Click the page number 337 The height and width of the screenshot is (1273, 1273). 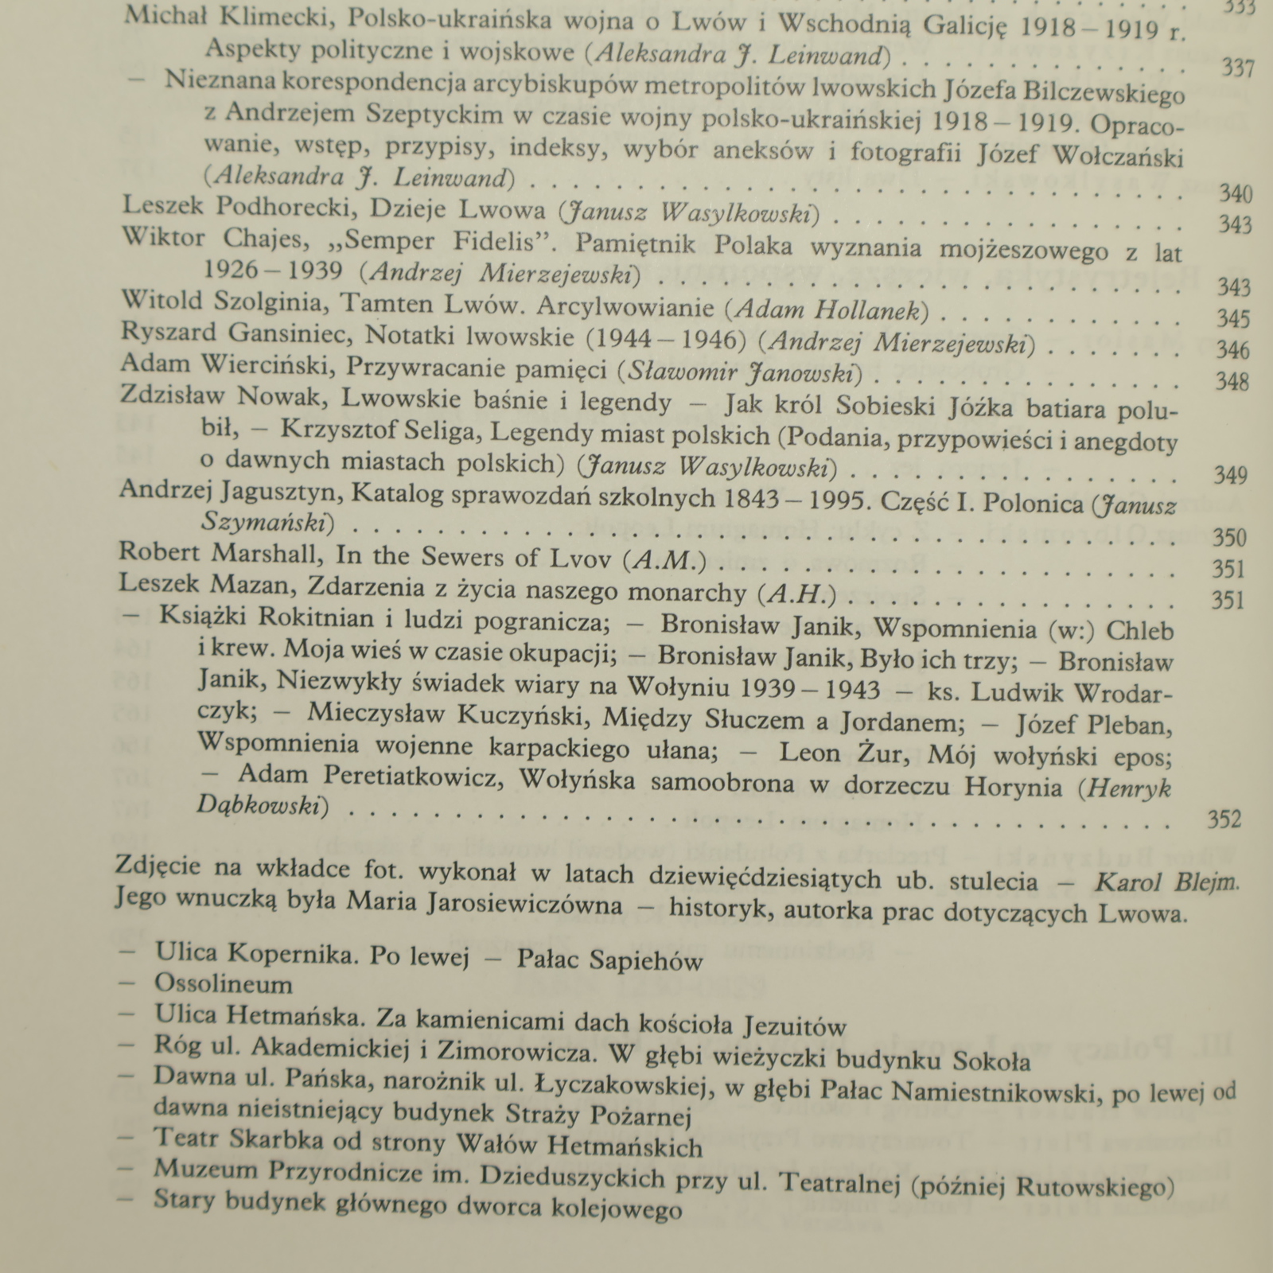1237,68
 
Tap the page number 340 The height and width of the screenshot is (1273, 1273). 1236,194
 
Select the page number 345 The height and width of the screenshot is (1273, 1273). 1233,319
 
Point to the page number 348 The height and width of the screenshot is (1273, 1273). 1232,382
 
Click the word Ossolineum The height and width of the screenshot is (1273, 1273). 224,984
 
